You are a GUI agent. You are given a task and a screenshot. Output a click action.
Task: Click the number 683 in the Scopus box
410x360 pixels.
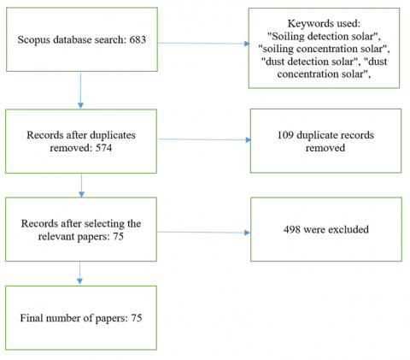coord(138,39)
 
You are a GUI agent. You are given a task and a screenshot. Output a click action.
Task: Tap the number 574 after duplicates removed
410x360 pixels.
coord(103,148)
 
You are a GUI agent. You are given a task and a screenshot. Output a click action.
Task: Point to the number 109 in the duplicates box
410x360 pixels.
coord(285,135)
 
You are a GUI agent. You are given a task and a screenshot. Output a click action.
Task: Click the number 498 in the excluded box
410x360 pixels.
coord(292,229)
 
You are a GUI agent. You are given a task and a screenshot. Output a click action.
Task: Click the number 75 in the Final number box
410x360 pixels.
coord(137,318)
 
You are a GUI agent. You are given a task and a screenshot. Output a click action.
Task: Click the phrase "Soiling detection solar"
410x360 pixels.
coord(323,37)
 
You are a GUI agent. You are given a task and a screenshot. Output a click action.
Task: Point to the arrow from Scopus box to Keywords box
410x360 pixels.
coord(204,44)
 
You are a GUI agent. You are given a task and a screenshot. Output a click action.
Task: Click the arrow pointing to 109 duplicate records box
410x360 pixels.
coord(205,139)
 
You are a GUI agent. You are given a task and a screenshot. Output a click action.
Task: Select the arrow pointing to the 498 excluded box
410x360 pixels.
coord(204,233)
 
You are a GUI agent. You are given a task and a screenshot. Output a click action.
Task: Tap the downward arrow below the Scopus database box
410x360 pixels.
coord(80,91)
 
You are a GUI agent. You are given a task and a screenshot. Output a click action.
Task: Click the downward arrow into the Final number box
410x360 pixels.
coord(79,273)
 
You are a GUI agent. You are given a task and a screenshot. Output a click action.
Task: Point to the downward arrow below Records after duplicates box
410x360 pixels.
coord(81,186)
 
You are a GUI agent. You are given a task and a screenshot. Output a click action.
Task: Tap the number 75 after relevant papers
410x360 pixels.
coord(118,236)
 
